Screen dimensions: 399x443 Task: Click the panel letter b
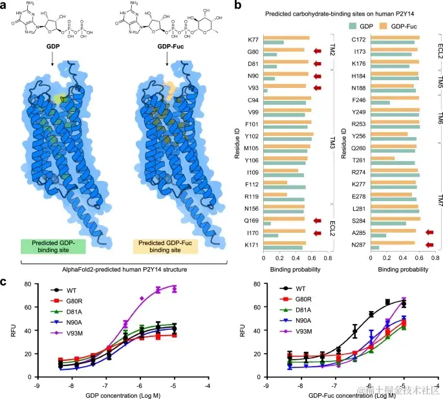[x=237, y=6]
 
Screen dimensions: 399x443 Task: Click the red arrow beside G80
[x=317, y=50]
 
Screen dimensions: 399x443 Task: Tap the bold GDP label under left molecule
[x=52, y=47]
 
